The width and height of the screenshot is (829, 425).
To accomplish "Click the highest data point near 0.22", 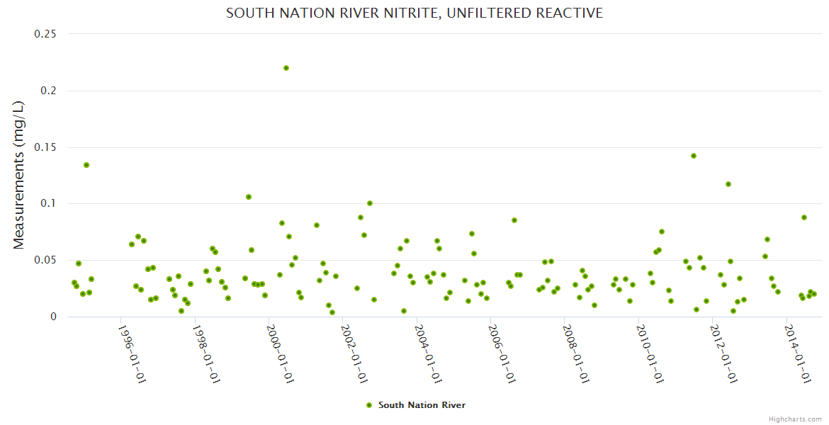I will click(x=286, y=68).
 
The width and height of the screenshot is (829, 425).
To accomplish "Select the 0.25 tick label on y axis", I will click(x=47, y=34).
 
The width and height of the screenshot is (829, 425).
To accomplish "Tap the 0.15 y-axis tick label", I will click(x=47, y=147).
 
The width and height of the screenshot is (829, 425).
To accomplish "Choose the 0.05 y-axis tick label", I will click(x=47, y=261).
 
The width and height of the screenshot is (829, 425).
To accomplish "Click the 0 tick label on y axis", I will click(x=53, y=317).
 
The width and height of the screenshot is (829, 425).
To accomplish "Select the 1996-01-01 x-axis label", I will click(x=132, y=354).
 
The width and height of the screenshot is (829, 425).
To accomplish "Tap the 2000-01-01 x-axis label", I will click(x=280, y=354).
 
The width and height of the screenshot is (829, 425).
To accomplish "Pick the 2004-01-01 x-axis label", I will click(x=428, y=354).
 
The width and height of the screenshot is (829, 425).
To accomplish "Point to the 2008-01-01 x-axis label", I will click(x=575, y=354).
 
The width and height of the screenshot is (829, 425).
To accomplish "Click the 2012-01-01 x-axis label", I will click(x=723, y=354).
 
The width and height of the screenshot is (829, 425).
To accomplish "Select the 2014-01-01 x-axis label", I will click(x=797, y=354).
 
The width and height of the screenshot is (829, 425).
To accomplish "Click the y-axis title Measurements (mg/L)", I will click(x=19, y=175).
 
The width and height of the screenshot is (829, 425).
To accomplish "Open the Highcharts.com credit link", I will click(x=795, y=419).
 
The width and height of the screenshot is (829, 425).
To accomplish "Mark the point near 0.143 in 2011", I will click(x=694, y=156).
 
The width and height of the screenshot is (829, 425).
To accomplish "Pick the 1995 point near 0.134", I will click(x=86, y=165).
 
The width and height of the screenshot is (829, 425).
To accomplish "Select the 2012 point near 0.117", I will click(x=728, y=184).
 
